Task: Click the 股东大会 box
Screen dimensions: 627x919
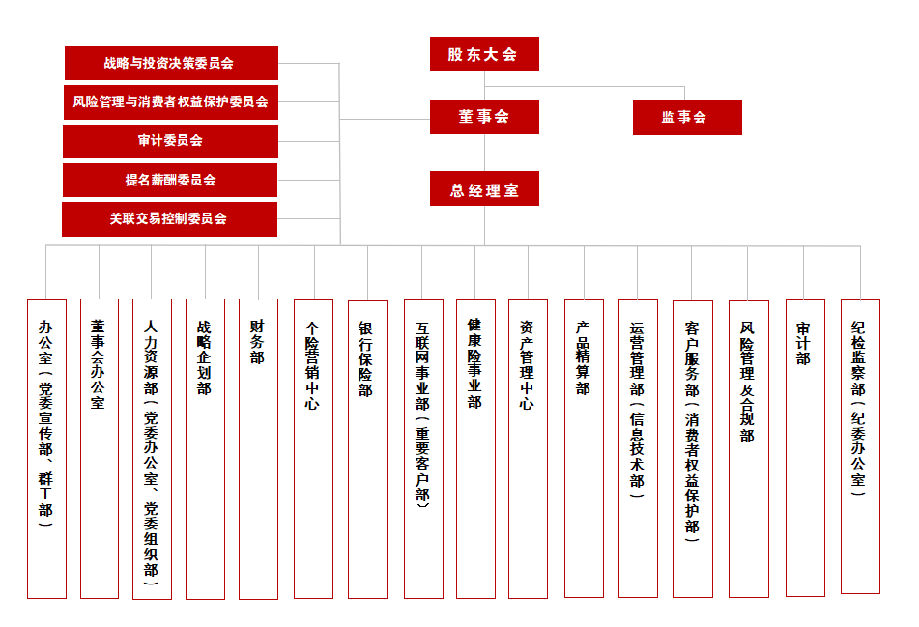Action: click(484, 54)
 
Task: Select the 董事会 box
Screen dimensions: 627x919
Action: click(484, 117)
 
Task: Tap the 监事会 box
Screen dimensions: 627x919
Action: click(687, 117)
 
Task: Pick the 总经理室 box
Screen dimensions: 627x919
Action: click(484, 189)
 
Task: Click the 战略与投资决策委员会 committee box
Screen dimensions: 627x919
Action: click(171, 63)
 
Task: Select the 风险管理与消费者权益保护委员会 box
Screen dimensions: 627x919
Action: click(171, 101)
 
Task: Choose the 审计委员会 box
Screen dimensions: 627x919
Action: click(171, 141)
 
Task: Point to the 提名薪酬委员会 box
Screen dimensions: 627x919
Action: click(171, 180)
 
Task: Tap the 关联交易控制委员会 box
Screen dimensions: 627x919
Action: click(170, 219)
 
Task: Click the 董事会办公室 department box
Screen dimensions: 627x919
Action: click(99, 448)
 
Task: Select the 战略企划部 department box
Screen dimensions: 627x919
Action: click(205, 448)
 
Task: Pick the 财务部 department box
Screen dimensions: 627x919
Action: click(257, 448)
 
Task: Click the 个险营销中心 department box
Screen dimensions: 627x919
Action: click(312, 448)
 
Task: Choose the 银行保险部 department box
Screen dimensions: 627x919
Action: click(366, 448)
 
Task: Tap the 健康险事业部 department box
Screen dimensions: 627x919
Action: click(474, 448)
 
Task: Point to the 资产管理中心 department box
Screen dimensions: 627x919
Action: click(528, 448)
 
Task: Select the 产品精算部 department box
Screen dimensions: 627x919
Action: click(583, 448)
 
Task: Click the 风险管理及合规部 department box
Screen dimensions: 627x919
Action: click(748, 448)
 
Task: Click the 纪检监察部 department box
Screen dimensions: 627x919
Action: click(860, 446)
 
